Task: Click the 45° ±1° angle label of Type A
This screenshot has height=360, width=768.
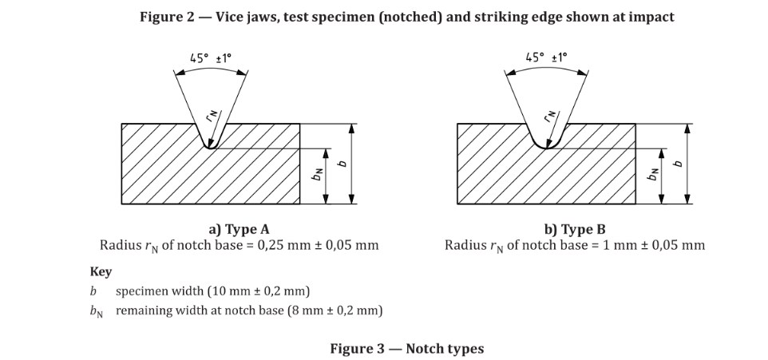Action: point(211,57)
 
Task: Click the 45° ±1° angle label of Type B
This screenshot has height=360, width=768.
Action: point(546,57)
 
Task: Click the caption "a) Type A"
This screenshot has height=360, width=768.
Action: point(239,230)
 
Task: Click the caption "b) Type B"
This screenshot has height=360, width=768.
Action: point(575,230)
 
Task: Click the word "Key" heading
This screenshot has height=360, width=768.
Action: point(101,271)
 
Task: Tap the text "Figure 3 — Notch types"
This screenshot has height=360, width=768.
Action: point(407,348)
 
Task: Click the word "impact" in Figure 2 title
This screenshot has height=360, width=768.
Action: point(651,16)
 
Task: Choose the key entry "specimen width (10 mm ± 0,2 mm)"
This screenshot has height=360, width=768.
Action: point(212,291)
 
